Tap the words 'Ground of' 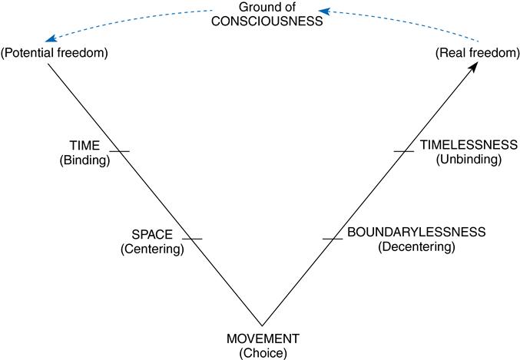(x=263, y=8)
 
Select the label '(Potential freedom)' (x=53, y=53)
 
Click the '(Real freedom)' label (x=470, y=53)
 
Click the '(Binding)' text (x=84, y=160)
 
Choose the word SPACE (x=151, y=235)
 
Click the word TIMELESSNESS (x=468, y=146)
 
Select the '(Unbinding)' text (x=468, y=160)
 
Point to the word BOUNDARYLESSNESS (x=416, y=233)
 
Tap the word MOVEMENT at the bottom (x=263, y=339)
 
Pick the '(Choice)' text (x=263, y=352)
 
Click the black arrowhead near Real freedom (x=475, y=68)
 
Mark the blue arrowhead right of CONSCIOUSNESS (x=326, y=12)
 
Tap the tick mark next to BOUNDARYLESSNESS (x=332, y=239)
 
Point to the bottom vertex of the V (x=262, y=325)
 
